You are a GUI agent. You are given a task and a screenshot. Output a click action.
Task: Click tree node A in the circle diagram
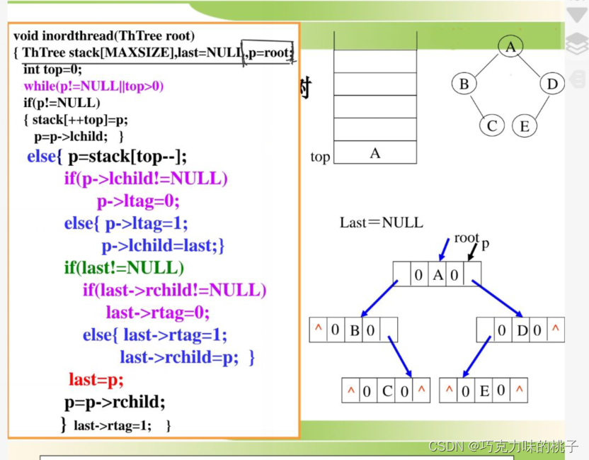click(510, 47)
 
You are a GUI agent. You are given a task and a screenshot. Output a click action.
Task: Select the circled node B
click(464, 84)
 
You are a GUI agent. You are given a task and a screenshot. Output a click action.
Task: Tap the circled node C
click(492, 126)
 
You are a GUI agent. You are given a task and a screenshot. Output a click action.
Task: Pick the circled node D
click(552, 84)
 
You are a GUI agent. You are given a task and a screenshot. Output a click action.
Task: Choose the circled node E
click(525, 126)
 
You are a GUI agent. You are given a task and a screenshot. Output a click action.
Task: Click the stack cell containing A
click(375, 152)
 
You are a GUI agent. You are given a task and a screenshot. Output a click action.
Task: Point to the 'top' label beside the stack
click(320, 157)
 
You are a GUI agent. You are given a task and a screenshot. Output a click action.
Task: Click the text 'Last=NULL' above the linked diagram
click(381, 223)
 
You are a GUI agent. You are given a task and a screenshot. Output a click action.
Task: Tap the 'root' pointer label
click(467, 238)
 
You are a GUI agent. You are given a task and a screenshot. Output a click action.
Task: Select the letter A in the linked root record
click(438, 274)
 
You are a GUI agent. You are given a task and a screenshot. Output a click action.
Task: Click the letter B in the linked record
click(355, 330)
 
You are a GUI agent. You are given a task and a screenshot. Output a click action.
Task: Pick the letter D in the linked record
click(522, 330)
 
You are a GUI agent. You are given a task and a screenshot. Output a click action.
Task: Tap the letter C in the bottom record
click(387, 391)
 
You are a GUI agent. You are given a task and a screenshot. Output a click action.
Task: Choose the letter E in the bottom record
click(484, 391)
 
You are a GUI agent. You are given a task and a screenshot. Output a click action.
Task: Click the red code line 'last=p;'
click(96, 380)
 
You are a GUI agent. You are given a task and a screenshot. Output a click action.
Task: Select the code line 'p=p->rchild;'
click(115, 402)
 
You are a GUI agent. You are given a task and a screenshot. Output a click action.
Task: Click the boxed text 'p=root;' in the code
click(269, 52)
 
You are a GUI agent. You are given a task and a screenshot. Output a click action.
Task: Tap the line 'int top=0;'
click(52, 69)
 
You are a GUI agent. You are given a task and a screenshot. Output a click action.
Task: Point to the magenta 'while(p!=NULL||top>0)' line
click(93, 86)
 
